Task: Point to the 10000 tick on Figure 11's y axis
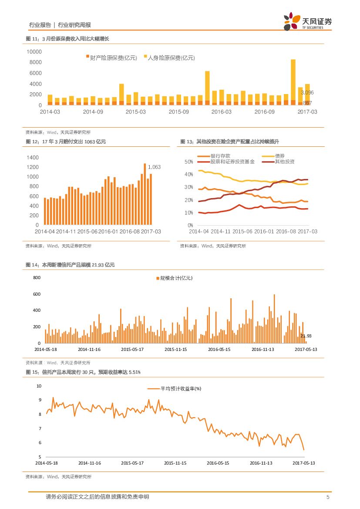(34, 51)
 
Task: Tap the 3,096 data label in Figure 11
(307, 93)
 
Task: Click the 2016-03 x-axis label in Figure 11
(222, 112)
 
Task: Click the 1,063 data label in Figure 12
(155, 167)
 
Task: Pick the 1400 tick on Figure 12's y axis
(33, 158)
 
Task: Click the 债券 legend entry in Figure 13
(279, 156)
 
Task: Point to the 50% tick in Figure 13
(188, 162)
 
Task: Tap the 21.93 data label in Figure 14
(306, 336)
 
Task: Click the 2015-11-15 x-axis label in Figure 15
(175, 463)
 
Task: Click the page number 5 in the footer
(327, 497)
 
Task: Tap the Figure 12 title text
(66, 142)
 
